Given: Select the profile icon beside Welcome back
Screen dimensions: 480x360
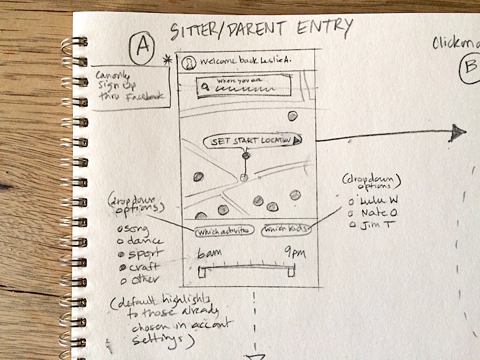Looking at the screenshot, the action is pos(190,62).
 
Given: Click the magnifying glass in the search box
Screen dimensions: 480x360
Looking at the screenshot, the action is pos(205,87).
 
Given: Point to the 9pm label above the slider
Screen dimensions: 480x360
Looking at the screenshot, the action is pos(293,252).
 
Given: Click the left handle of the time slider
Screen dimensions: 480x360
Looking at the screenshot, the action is pos(204,272).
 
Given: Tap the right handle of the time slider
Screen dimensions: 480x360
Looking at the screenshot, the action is pos(291,272).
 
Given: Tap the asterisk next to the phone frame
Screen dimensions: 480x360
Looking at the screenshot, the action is pos(166,59).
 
